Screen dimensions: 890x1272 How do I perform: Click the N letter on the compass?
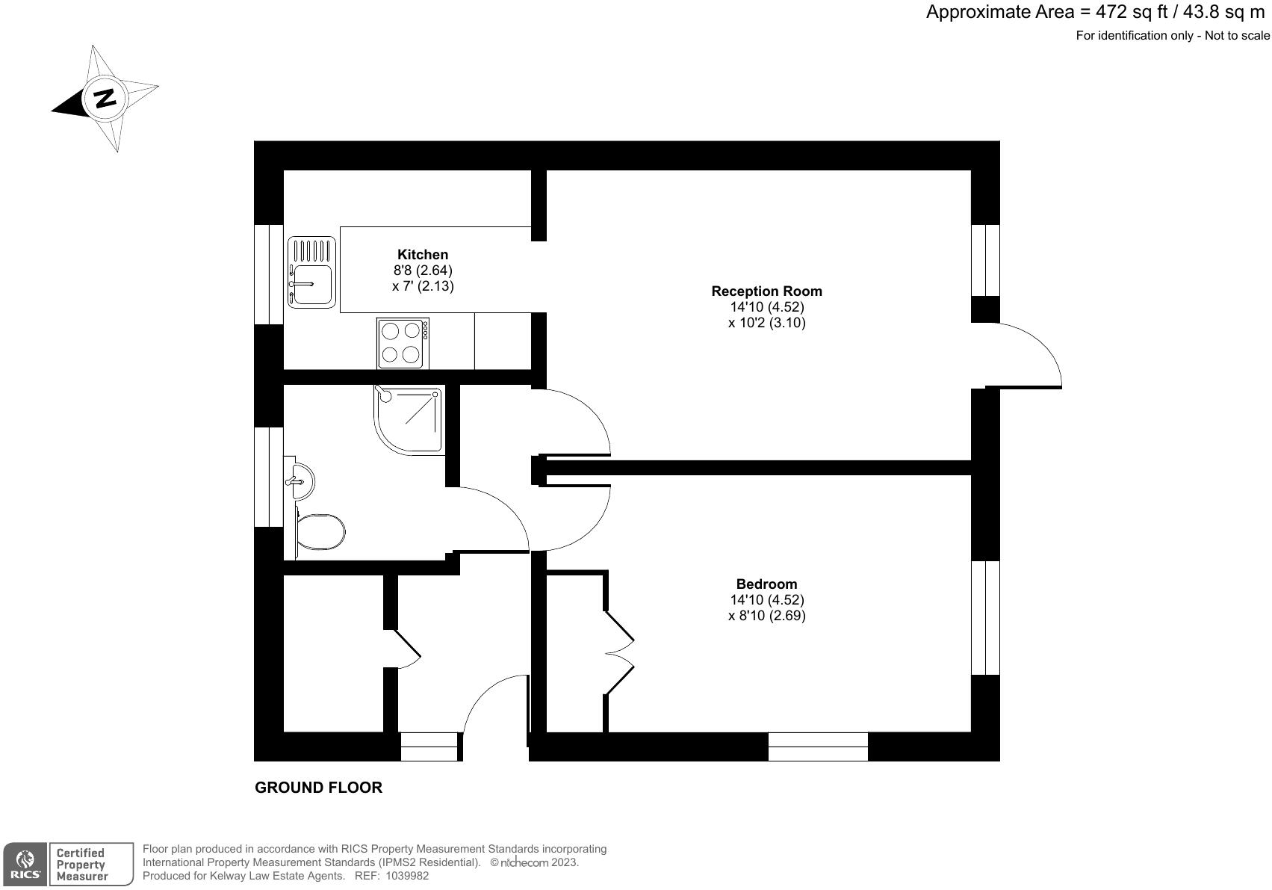[104, 99]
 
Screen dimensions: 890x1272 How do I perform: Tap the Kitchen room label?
[423, 255]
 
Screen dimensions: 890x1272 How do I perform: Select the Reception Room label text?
[766, 291]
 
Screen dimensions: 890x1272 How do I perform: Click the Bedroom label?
[766, 584]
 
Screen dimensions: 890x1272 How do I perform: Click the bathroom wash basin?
[301, 479]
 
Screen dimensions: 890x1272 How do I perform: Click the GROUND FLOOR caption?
[319, 788]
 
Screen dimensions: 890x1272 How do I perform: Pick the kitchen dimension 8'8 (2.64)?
[423, 271]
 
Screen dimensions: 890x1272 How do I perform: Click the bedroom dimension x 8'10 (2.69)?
[766, 616]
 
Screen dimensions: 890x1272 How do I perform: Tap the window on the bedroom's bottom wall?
[818, 746]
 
